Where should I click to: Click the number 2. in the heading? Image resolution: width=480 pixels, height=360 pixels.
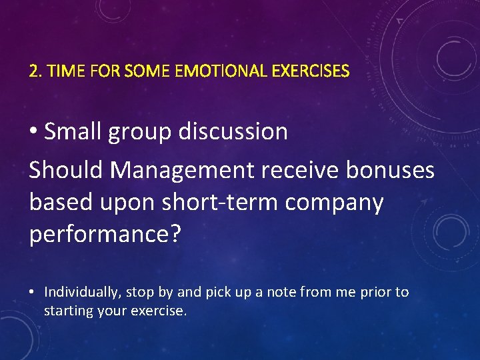coord(35,71)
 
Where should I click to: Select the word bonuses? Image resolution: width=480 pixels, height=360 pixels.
coord(390,170)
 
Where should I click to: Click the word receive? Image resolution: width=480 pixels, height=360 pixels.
coord(300,170)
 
